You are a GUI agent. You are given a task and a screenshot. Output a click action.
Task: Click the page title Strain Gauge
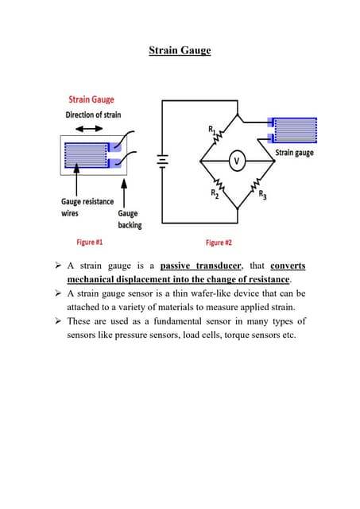click(180, 51)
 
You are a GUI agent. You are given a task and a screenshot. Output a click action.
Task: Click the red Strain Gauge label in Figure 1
click(91, 100)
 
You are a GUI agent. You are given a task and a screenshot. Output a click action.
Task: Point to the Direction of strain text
click(93, 115)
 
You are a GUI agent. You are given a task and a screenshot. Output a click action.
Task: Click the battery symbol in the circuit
click(163, 161)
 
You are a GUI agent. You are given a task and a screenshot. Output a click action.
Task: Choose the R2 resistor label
click(214, 193)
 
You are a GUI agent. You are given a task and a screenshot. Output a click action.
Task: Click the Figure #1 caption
click(89, 241)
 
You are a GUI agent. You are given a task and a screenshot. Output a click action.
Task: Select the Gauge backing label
click(128, 219)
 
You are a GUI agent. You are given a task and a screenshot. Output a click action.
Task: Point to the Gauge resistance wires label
click(87, 208)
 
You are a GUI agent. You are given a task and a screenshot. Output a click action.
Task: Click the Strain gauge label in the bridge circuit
click(294, 152)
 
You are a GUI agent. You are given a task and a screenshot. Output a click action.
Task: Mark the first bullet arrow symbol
click(60, 266)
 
